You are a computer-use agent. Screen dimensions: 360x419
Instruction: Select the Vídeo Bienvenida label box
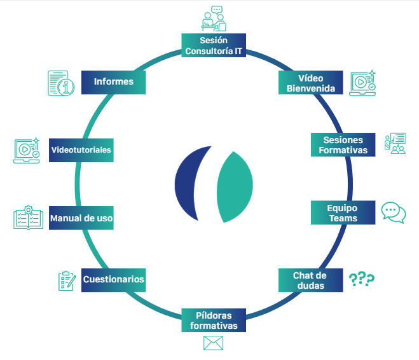(311, 82)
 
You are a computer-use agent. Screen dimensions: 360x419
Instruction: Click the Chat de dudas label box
(310, 280)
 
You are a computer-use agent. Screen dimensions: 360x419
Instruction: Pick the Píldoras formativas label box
(214, 320)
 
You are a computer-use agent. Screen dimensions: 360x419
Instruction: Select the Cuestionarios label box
(113, 279)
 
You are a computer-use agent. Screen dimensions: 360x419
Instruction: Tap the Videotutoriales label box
(81, 150)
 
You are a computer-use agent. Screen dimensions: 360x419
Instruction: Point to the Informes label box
(114, 81)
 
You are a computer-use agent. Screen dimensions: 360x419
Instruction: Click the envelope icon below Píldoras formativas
(214, 343)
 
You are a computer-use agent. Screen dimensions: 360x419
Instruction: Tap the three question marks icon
(362, 279)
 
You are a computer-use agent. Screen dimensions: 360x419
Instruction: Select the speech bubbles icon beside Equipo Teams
(393, 212)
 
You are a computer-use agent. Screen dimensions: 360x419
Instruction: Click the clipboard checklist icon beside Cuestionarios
(66, 280)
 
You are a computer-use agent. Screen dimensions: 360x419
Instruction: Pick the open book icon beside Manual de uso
(29, 218)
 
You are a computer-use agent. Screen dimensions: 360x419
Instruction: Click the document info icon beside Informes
(60, 83)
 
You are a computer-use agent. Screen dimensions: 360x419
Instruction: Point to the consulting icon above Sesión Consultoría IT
(213, 19)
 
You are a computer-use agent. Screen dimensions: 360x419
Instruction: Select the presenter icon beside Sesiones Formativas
(395, 144)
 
